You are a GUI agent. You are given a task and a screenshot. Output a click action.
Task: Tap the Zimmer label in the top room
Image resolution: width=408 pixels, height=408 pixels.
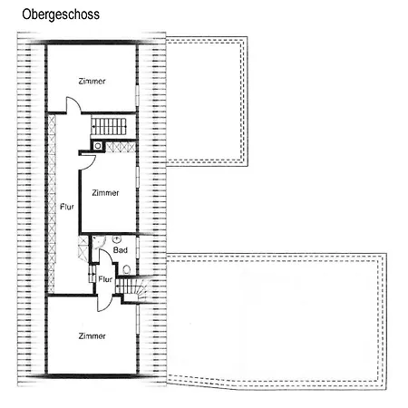pos(92,81)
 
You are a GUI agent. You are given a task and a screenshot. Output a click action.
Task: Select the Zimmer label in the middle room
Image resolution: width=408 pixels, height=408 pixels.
pos(105,193)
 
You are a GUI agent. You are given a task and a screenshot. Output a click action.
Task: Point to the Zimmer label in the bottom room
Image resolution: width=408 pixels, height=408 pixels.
pos(92,336)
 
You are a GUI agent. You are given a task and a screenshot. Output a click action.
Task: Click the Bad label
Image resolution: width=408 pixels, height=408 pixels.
pos(119,249)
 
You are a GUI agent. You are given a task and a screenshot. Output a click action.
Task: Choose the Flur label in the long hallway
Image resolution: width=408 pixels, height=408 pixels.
pos(66,207)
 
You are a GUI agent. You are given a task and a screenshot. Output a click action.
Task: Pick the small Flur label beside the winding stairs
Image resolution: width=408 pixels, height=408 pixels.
pos(106,278)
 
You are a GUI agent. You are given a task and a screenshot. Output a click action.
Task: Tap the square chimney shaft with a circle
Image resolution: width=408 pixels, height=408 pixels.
pos(97,144)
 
